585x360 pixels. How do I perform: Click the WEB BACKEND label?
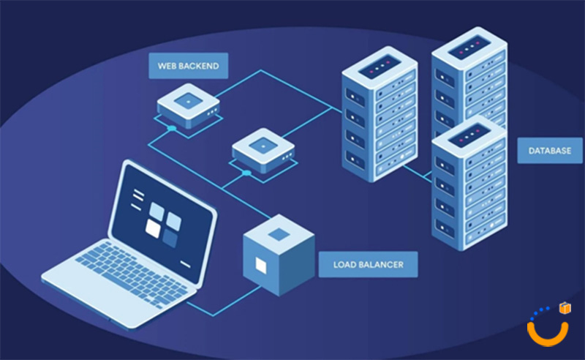click(188, 65)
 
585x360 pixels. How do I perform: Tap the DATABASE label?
click(550, 151)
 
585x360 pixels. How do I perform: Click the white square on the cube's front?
click(260, 263)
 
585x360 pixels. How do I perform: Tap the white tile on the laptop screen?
click(154, 228)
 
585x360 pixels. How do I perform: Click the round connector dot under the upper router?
click(171, 128)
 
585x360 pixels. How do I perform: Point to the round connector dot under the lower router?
click(247, 173)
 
